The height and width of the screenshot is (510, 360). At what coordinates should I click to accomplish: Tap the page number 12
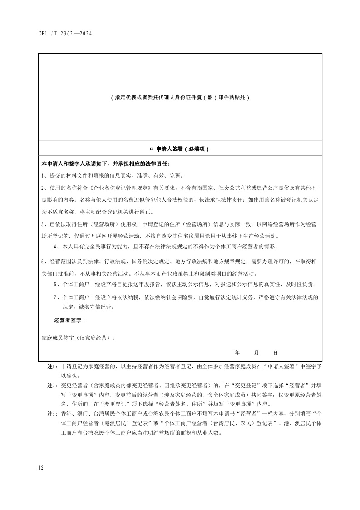41,467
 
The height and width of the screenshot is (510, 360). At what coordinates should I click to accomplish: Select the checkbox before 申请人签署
151,149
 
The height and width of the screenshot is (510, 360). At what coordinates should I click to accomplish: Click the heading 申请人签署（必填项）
182,149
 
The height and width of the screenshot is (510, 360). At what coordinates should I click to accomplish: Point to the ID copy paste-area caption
180,97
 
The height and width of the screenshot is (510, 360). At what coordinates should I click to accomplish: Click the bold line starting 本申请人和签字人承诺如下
105,163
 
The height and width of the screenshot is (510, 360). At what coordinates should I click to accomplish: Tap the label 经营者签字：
69,321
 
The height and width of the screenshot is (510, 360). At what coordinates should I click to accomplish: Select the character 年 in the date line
237,352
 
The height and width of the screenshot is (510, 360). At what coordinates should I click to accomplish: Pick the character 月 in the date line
256,352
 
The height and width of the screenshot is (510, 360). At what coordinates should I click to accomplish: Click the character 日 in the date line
275,352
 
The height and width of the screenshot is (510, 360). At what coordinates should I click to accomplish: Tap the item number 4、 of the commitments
57,247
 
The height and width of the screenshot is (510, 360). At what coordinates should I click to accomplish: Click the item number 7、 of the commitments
57,297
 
